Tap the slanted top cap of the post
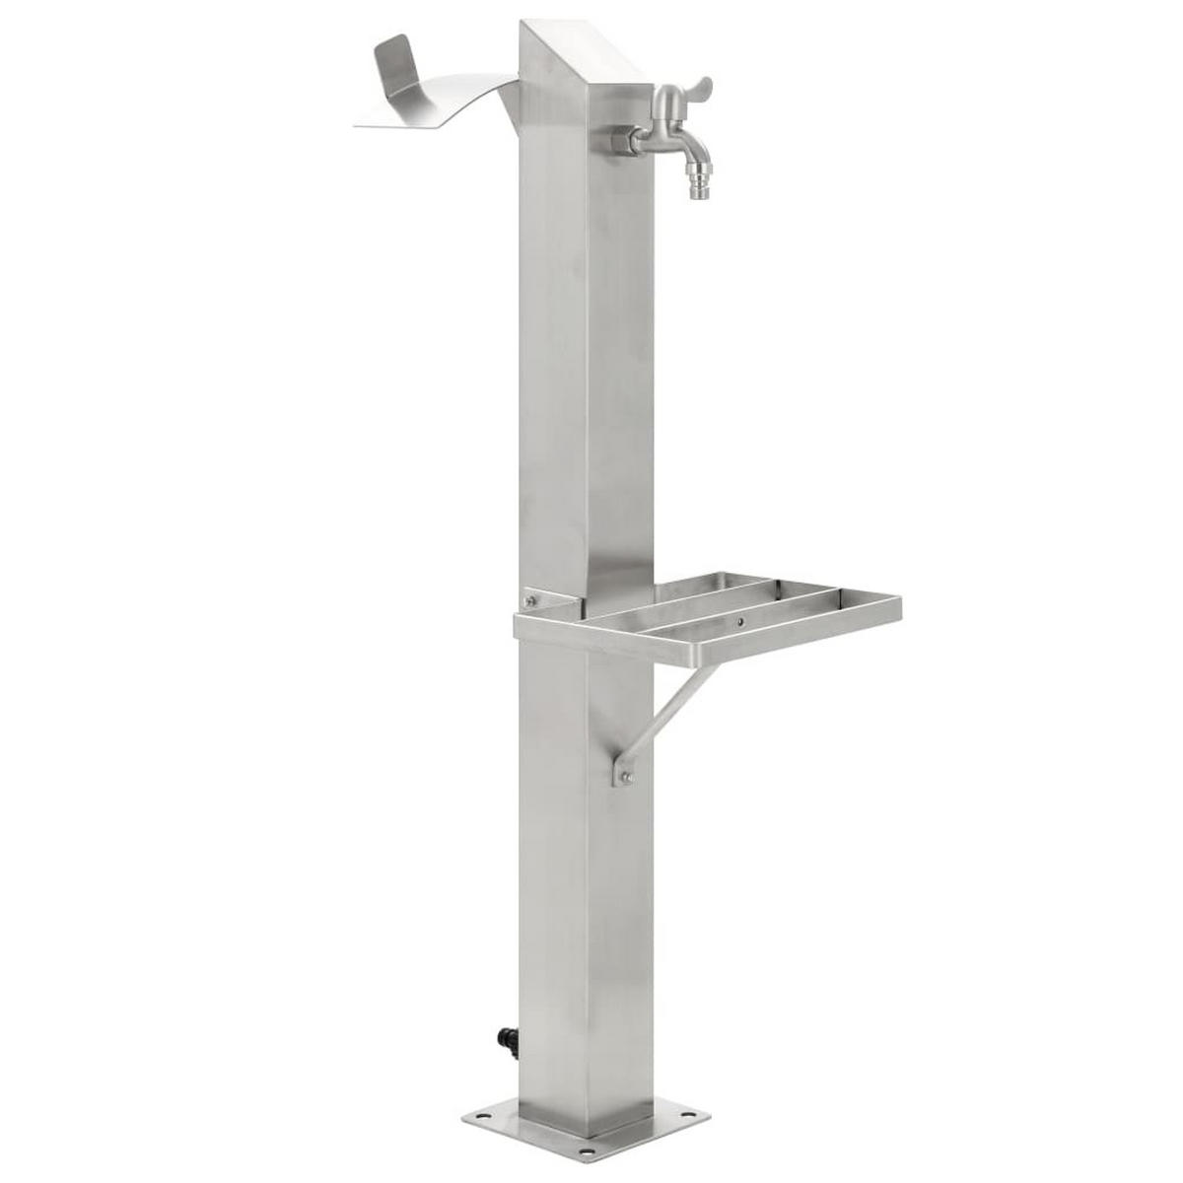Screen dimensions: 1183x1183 582,49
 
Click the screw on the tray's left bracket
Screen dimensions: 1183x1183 531,599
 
